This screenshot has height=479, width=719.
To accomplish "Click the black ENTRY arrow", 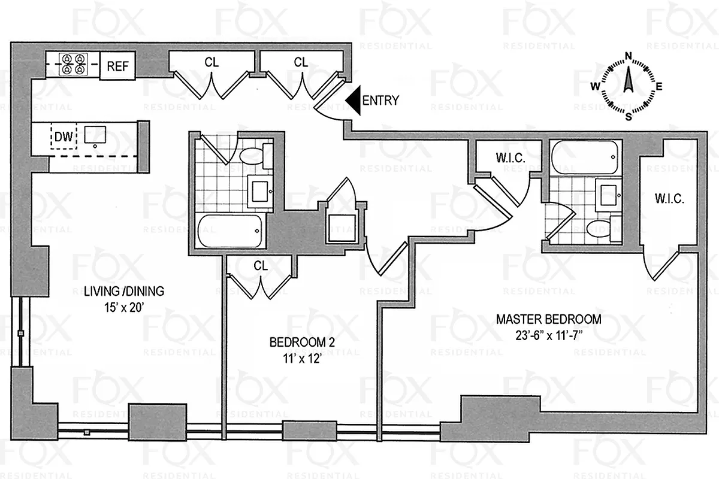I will pyautogui.click(x=354, y=101).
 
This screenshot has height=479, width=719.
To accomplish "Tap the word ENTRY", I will pyautogui.click(x=380, y=101).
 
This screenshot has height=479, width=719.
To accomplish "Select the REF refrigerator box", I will pyautogui.click(x=117, y=66).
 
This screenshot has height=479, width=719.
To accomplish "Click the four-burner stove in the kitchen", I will pyautogui.click(x=74, y=64).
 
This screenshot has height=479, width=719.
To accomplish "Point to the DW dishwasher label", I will pyautogui.click(x=64, y=138).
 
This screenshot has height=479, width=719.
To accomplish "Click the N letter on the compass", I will pyautogui.click(x=629, y=57).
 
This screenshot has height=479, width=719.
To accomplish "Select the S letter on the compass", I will pyautogui.click(x=629, y=117).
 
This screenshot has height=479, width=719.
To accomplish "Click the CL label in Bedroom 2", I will pyautogui.click(x=260, y=265).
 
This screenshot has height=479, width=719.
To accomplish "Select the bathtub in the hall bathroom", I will pyautogui.click(x=229, y=231).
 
